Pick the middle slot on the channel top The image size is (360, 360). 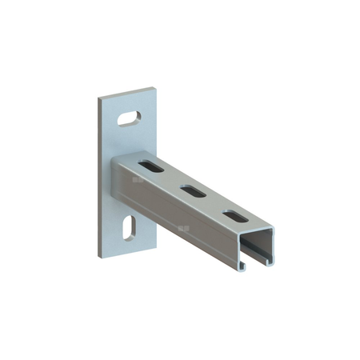pyautogui.click(x=193, y=190)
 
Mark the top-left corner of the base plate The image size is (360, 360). pyautogui.click(x=100, y=99)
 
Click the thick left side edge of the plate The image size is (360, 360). pyautogui.click(x=102, y=176)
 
